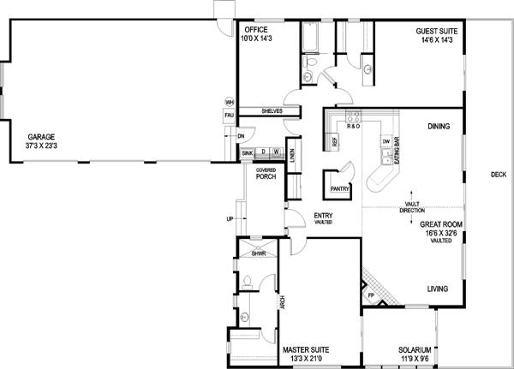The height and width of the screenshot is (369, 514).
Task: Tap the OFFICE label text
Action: (x=255, y=31)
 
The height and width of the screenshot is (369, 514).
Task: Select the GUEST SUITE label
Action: (x=436, y=31)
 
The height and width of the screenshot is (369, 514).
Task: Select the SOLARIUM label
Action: (x=415, y=350)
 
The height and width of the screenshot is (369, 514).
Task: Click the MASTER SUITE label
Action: (x=306, y=350)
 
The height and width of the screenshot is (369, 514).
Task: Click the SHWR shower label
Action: (x=258, y=254)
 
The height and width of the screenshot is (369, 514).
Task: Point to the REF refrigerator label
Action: (x=335, y=141)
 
